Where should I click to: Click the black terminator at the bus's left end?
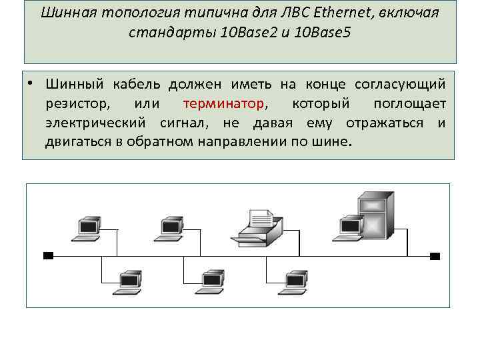[47, 255]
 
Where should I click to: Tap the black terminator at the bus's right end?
[435, 255]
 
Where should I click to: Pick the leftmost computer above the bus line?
[86, 227]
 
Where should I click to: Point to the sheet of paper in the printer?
[261, 216]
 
